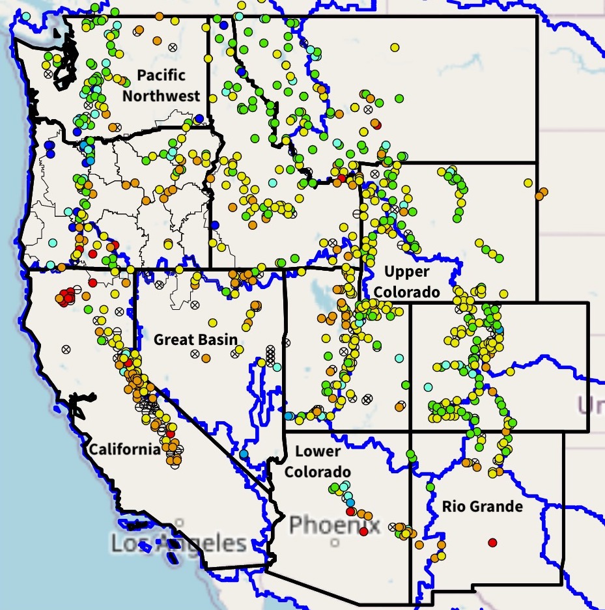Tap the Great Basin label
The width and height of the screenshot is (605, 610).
point(195,339)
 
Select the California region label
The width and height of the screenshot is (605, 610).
point(124,449)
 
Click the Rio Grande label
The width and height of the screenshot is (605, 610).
point(482,506)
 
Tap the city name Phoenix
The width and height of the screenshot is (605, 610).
point(334,524)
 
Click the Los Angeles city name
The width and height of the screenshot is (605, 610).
point(178,542)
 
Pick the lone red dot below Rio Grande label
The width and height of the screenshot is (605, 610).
point(492,542)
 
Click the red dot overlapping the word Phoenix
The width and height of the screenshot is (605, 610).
point(363,531)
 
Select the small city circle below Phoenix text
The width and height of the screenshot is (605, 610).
point(335,542)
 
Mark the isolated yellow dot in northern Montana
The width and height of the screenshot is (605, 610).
point(395,48)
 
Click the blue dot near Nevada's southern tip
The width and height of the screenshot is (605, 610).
point(244,454)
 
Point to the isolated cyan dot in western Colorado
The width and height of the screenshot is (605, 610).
point(399,358)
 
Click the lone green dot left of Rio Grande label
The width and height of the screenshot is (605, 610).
point(430,486)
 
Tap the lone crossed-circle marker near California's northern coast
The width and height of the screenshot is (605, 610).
point(66,349)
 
